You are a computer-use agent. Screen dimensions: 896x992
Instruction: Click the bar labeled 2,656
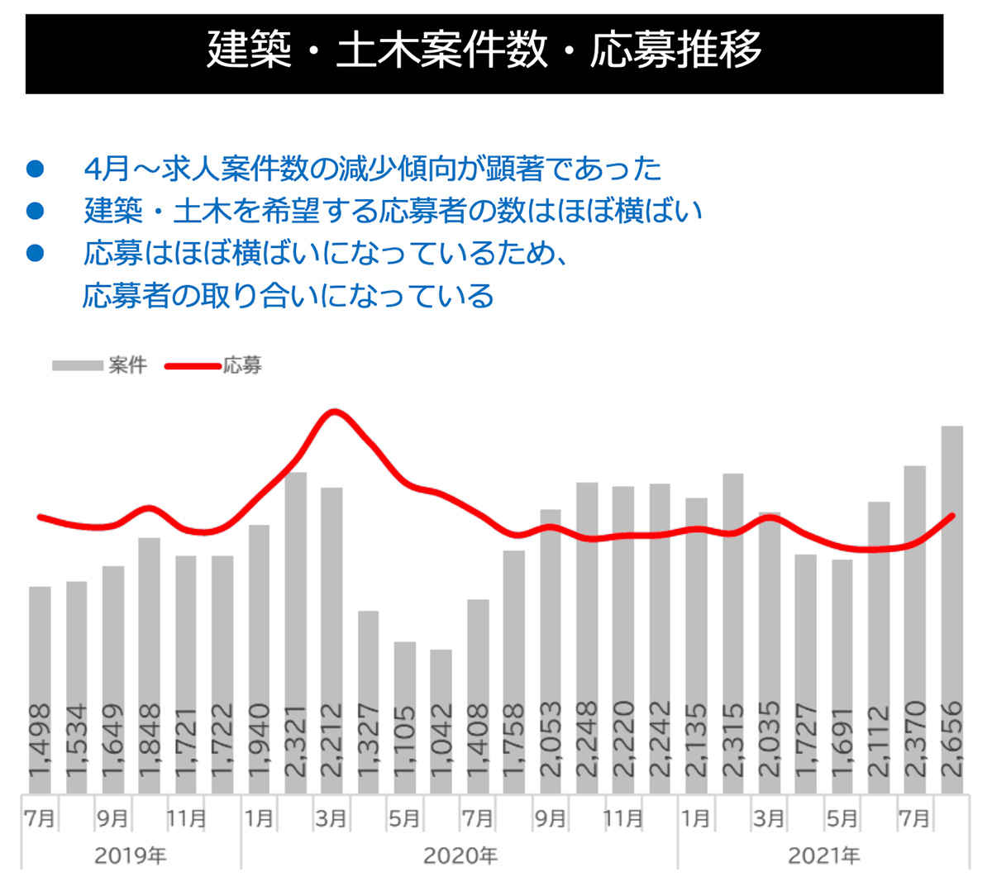click(x=951, y=579)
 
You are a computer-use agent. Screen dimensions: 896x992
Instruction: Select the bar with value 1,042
click(x=441, y=686)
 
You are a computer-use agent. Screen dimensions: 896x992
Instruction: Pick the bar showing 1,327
click(x=369, y=661)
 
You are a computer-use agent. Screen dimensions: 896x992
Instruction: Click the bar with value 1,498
click(x=41, y=645)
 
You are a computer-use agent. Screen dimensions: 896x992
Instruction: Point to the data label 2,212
click(x=331, y=740)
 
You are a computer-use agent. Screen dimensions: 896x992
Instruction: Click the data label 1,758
click(x=514, y=740)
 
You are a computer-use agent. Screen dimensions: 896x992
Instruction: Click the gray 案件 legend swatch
click(x=78, y=365)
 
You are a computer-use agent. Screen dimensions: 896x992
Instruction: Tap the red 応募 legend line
click(x=193, y=365)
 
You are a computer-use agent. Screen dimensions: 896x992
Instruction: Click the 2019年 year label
click(x=131, y=855)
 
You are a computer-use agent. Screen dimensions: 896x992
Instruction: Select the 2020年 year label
click(x=460, y=855)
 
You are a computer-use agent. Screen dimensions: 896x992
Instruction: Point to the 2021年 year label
click(x=823, y=855)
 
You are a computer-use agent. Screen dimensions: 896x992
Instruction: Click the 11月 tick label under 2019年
click(x=186, y=818)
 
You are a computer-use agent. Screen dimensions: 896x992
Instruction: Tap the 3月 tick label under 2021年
click(x=769, y=818)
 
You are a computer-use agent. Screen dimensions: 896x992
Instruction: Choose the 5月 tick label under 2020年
click(x=404, y=818)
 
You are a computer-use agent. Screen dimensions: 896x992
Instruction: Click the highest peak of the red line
click(x=333, y=411)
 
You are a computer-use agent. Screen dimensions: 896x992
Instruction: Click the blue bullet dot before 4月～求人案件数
click(x=35, y=169)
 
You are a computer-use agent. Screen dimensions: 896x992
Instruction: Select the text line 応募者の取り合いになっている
click(x=289, y=296)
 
